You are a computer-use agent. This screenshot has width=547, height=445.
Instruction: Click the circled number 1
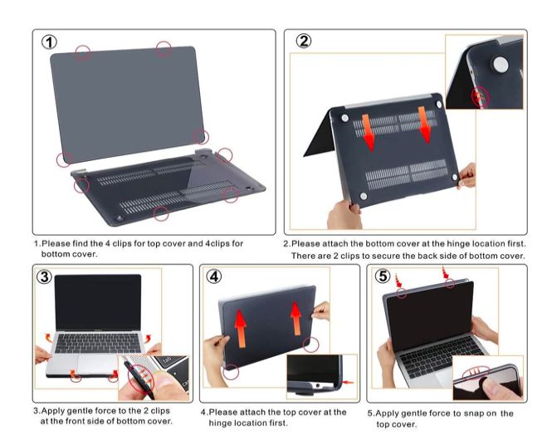pyautogui.click(x=51, y=42)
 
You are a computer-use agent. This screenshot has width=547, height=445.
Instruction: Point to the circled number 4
pyautogui.click(x=215, y=276)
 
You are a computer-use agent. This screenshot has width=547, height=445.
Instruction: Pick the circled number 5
pyautogui.click(x=383, y=276)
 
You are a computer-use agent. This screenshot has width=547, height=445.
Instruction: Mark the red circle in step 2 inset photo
pyautogui.click(x=481, y=97)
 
